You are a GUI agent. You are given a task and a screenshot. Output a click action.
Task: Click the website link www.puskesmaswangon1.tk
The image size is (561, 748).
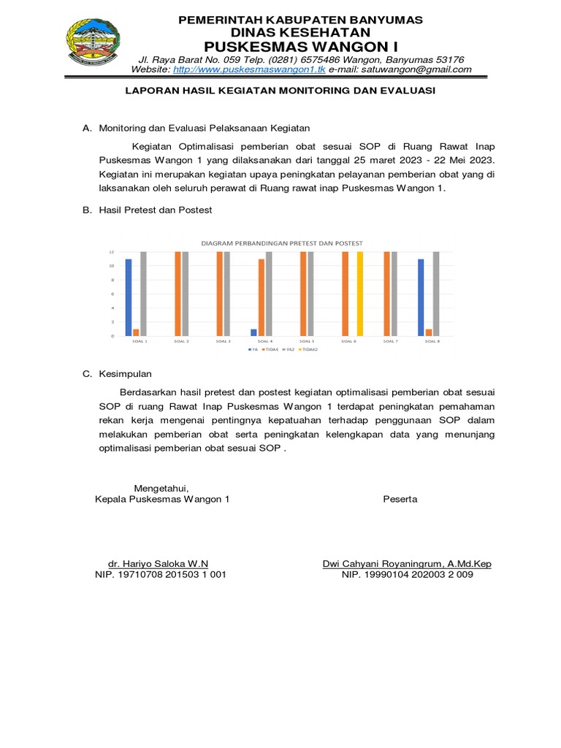click(249, 69)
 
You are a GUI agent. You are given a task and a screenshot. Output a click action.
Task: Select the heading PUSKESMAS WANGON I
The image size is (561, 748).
click(300, 46)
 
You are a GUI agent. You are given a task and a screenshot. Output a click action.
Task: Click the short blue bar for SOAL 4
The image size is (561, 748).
click(253, 332)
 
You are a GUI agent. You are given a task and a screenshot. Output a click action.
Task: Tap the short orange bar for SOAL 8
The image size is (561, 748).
click(429, 332)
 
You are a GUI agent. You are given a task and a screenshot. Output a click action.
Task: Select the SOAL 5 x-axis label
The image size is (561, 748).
click(308, 341)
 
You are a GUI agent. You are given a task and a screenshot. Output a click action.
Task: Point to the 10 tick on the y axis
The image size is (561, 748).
click(112, 266)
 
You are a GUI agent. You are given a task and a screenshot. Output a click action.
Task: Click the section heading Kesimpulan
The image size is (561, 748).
click(125, 374)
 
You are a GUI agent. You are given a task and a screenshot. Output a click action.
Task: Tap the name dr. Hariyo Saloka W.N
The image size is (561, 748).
click(158, 563)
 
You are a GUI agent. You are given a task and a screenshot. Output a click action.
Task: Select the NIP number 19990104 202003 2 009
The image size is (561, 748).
click(408, 575)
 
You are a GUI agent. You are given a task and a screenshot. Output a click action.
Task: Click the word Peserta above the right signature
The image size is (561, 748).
click(400, 499)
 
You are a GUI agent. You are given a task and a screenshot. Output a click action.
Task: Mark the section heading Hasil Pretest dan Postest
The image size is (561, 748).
click(156, 210)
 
